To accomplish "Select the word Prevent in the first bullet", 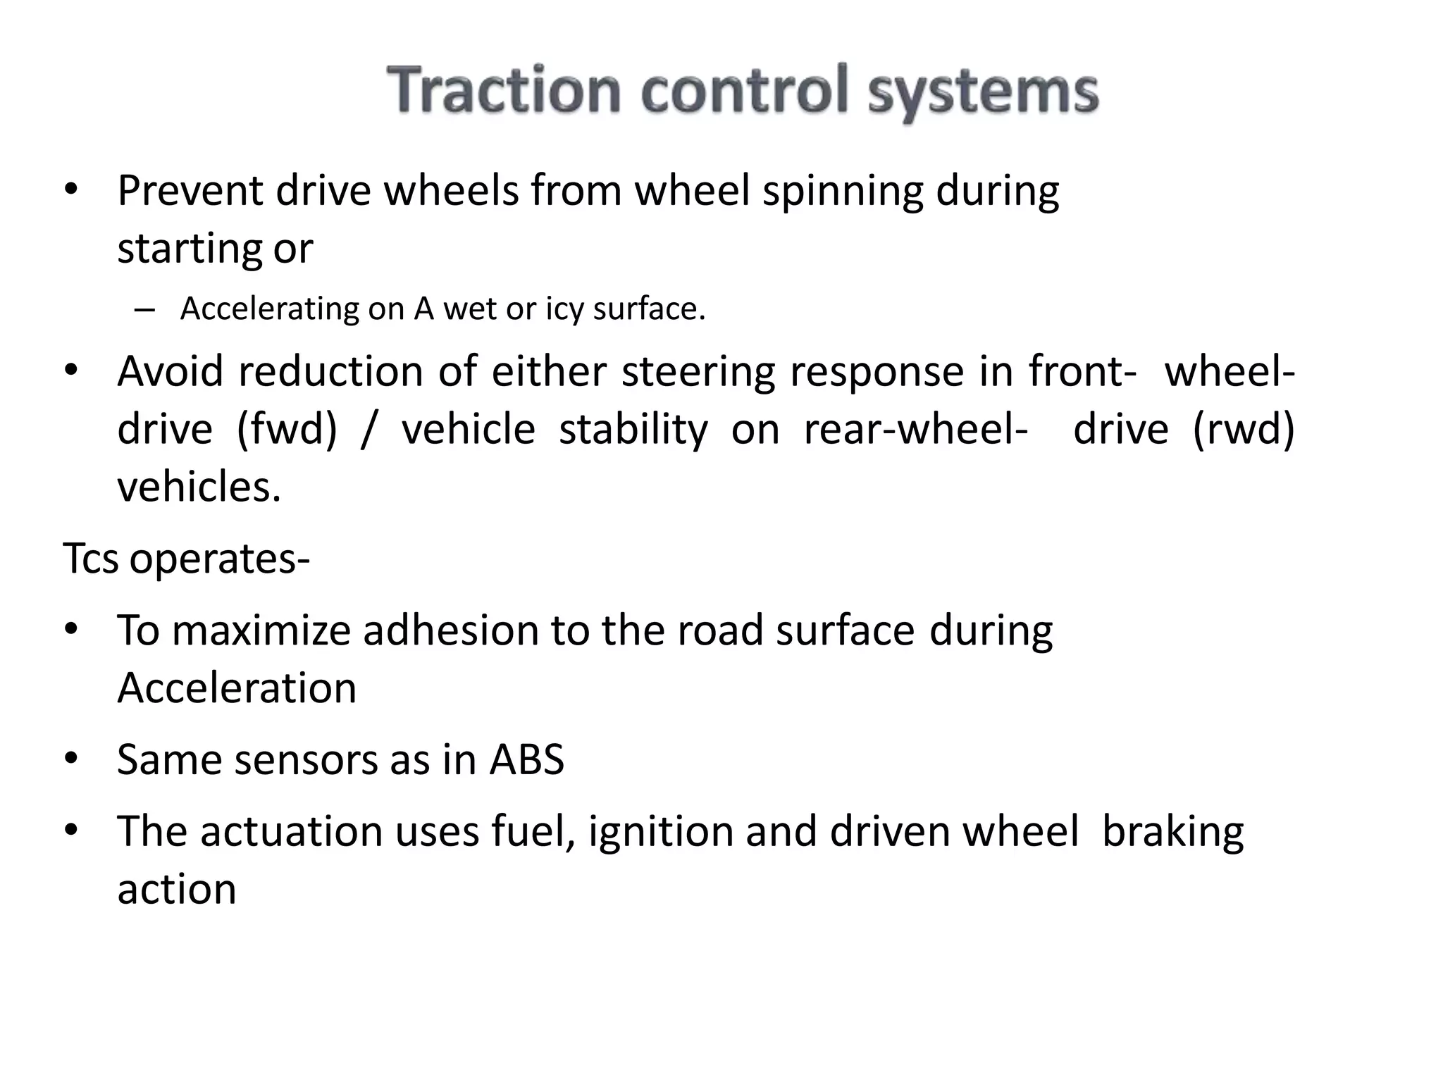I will point(190,191).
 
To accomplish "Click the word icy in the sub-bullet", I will point(564,309).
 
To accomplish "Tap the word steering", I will point(698,371).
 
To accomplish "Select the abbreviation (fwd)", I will point(287,430).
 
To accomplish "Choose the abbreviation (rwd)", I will point(1244,430).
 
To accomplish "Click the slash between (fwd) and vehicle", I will point(366,430).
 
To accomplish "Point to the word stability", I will point(633,430).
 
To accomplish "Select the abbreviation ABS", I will point(527,760).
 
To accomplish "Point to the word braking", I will point(1172,833).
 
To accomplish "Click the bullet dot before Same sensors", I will point(70,759).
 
